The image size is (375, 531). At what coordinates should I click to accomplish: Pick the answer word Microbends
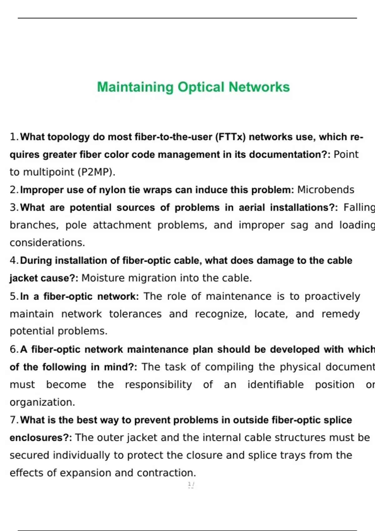[326, 190]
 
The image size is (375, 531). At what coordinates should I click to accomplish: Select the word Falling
[359, 208]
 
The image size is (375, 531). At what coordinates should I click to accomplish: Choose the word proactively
[332, 296]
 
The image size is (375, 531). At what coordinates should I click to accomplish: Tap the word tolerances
[135, 314]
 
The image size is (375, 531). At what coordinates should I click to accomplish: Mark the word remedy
[341, 314]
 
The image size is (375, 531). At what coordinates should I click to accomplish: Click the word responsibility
[158, 385]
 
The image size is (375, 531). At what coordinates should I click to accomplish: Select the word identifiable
[275, 385]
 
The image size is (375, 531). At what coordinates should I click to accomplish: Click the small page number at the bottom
[191, 484]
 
